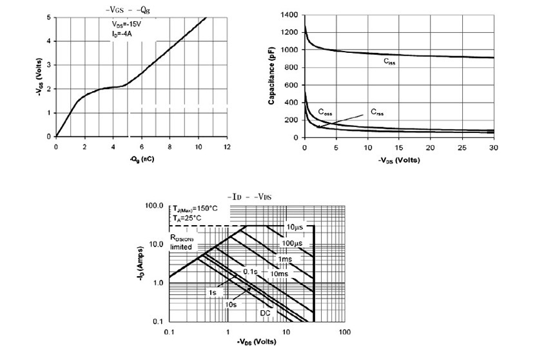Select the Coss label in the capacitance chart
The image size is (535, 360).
(325, 111)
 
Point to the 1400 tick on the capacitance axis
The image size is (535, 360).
(289, 14)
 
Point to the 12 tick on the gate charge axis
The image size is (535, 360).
(226, 147)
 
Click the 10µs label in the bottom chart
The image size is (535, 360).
(296, 227)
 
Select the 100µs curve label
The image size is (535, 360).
(293, 243)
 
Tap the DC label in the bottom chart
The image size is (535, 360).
(264, 313)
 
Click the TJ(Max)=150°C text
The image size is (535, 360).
(195, 209)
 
